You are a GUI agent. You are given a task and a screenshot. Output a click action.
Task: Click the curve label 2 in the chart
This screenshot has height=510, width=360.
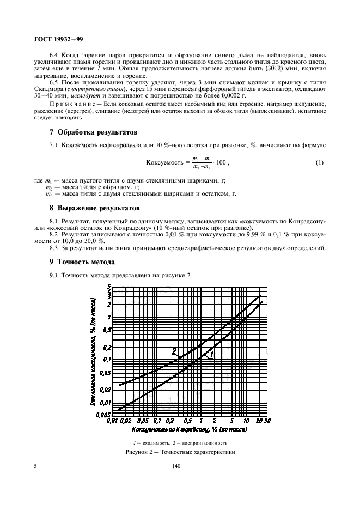[174, 350]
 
